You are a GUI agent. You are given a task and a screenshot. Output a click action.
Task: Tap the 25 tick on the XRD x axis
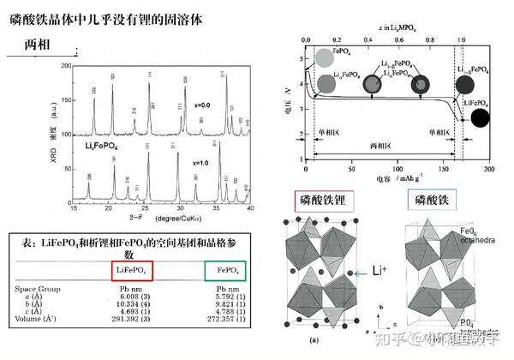pyautogui.click(x=146, y=210)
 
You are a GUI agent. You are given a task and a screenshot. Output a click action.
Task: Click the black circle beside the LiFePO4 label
pyautogui.click(x=481, y=118)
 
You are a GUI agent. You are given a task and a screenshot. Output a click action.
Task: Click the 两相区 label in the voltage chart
pyautogui.click(x=378, y=146)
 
